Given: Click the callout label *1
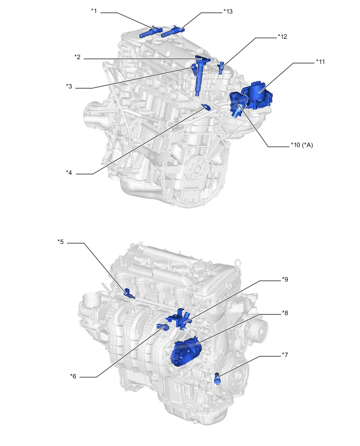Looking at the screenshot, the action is tap(94, 11).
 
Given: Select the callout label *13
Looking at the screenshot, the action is tap(228, 12).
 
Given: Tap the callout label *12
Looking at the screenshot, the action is tap(283, 37).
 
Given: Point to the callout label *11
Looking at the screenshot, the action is tap(320, 61).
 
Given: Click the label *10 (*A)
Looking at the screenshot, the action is tap(302, 145).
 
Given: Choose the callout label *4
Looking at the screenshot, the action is tap(69, 172).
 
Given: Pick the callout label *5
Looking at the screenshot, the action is tap(61, 242).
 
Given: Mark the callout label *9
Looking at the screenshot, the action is tap(285, 280).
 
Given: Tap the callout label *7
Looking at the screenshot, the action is tap(285, 355).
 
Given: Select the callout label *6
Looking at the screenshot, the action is tap(73, 376).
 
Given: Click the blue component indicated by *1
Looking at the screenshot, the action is tap(151, 31).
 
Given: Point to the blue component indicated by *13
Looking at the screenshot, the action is tap(173, 31).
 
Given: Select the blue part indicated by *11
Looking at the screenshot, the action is tap(257, 95).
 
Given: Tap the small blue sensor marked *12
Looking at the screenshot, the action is tap(221, 68).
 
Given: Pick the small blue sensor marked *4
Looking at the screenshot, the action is tap(206, 107).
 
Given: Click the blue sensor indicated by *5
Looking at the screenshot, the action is tap(129, 293).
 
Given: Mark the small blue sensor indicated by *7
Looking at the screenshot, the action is tap(218, 378).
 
